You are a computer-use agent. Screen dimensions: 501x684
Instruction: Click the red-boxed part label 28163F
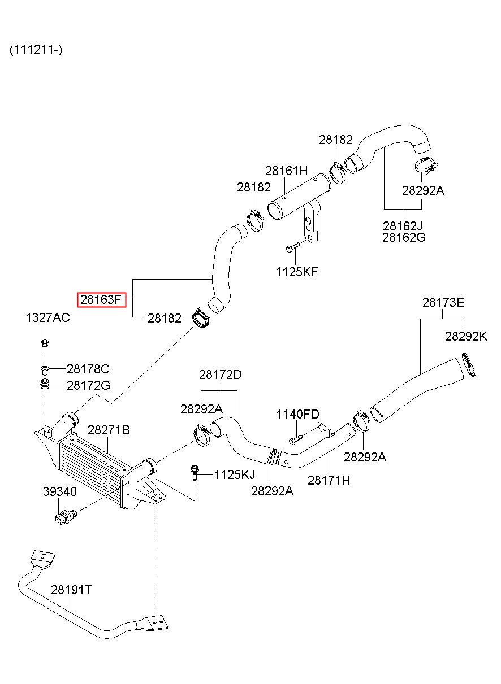[x=101, y=299]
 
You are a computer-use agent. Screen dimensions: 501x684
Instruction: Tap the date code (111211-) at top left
[x=36, y=49]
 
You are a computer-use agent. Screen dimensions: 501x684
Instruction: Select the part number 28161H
[x=286, y=171]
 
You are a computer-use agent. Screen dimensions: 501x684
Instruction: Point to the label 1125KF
[x=297, y=272]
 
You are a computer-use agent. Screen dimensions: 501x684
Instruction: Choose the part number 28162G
[x=404, y=237]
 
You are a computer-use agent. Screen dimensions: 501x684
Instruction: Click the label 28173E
[x=443, y=302]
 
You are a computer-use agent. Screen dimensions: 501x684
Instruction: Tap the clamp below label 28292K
[x=468, y=365]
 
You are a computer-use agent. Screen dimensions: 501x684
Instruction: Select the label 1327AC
[x=47, y=317]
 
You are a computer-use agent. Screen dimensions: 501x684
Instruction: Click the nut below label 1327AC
[x=45, y=343]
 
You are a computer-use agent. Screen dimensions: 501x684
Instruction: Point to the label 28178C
[x=88, y=369]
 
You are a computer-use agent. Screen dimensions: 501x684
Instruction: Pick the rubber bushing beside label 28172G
[x=45, y=384]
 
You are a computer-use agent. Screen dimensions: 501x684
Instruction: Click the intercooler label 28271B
[x=109, y=430]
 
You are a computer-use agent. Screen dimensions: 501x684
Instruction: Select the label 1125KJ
[x=235, y=474]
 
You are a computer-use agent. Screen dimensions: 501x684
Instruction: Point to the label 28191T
[x=71, y=590]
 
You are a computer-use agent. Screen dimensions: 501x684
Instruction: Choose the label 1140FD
[x=298, y=414]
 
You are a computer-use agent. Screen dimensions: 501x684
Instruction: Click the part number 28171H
[x=329, y=480]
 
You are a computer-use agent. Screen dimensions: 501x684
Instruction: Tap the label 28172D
[x=221, y=374]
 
